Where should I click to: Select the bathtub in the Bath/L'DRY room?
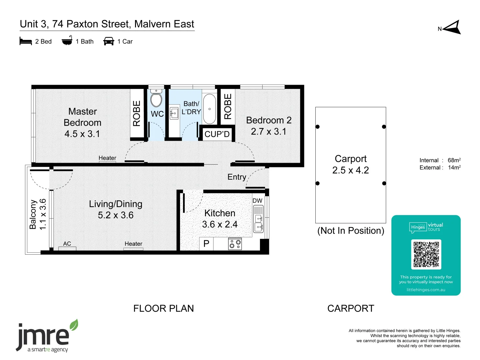pyautogui.click(x=209, y=109)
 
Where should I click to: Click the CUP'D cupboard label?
pyautogui.click(x=217, y=134)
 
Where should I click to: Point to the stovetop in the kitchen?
pyautogui.click(x=235, y=244)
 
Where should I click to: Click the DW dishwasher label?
pyautogui.click(x=257, y=201)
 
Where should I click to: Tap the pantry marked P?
pyautogui.click(x=206, y=243)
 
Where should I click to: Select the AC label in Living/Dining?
pyautogui.click(x=67, y=244)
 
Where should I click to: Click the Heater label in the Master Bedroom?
pyautogui.click(x=107, y=158)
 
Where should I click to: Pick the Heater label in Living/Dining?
pyautogui.click(x=133, y=244)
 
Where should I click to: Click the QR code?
pyautogui.click(x=426, y=254)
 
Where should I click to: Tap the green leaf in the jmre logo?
pyautogui.click(x=74, y=325)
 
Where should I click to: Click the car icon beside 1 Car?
pyautogui.click(x=109, y=41)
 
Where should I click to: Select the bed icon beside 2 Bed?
pyautogui.click(x=26, y=41)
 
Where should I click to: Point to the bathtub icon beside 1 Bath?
pyautogui.click(x=67, y=40)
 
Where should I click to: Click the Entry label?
pyautogui.click(x=237, y=177)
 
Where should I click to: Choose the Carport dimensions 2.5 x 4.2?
pyautogui.click(x=351, y=170)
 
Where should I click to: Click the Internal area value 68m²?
pyautogui.click(x=454, y=160)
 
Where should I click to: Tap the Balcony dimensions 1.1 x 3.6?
pyautogui.click(x=43, y=214)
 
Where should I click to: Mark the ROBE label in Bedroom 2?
pyautogui.click(x=228, y=106)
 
